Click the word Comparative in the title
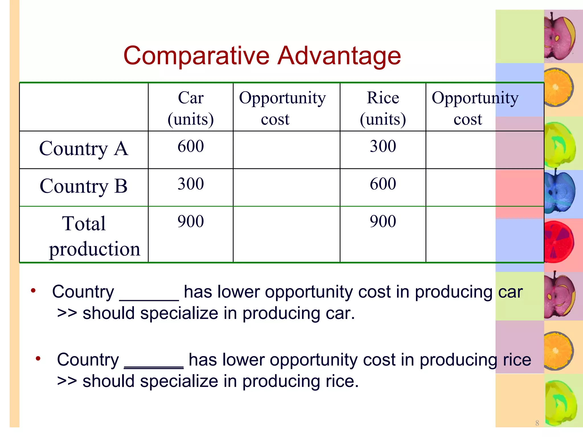tap(196, 56)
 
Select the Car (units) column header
tap(191, 108)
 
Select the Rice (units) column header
tap(383, 108)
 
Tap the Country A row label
tap(84, 149)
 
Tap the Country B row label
tap(84, 186)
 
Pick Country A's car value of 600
tap(191, 146)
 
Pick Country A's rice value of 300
tap(383, 146)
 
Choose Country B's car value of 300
tap(191, 184)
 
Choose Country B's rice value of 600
tap(383, 184)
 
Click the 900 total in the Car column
tap(191, 221)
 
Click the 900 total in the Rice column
tap(383, 221)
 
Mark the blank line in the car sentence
tap(149, 299)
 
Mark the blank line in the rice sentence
tap(154, 367)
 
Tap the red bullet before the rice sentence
tap(38, 358)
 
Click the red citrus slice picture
tap(559, 242)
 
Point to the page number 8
tap(537, 423)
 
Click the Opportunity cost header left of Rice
tap(282, 108)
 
